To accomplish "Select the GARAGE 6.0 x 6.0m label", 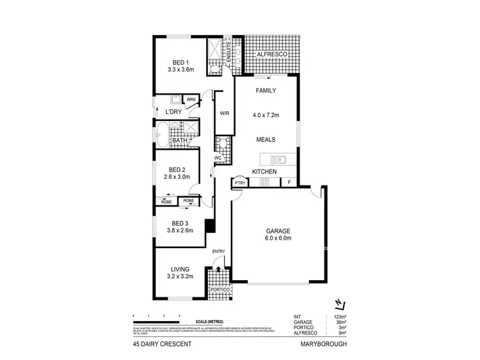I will point(278,231).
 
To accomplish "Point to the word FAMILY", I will point(266,91).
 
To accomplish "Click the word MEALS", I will point(266,138).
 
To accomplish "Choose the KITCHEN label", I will point(264,172).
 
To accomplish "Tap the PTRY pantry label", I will point(240,183).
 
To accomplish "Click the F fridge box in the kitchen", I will point(289,183).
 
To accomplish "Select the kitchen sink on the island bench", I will point(278,159).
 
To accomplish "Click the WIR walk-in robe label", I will point(224,113).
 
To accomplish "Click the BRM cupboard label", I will point(191,100).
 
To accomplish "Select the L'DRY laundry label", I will point(175,113).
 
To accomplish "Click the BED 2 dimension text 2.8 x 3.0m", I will point(177,176).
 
